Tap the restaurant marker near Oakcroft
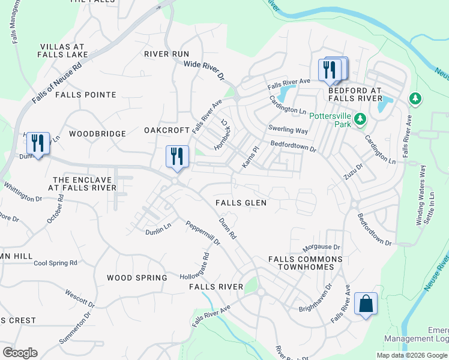click(177, 157)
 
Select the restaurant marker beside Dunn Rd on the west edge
click(38, 143)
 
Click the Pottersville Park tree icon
click(360, 119)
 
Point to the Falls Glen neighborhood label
click(241, 203)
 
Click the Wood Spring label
click(137, 278)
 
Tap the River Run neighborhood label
click(166, 54)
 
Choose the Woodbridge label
click(97, 134)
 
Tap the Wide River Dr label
click(203, 71)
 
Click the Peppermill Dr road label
click(202, 233)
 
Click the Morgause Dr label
click(321, 247)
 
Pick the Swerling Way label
click(288, 130)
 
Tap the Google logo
click(20, 353)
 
